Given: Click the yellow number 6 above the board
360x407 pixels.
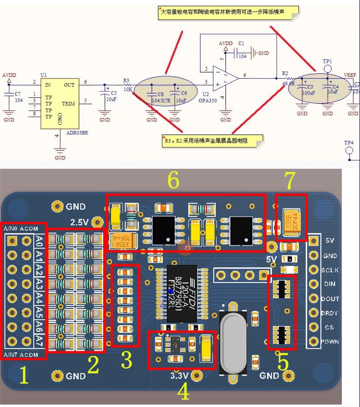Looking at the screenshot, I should (x=174, y=181).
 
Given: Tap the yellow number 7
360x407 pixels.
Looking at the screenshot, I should (x=290, y=181).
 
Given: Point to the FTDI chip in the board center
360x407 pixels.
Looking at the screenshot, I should (x=181, y=294).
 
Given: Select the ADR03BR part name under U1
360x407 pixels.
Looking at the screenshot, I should (x=78, y=132).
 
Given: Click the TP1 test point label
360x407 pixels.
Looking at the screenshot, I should (x=327, y=62).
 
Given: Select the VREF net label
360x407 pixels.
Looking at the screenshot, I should (x=350, y=75).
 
